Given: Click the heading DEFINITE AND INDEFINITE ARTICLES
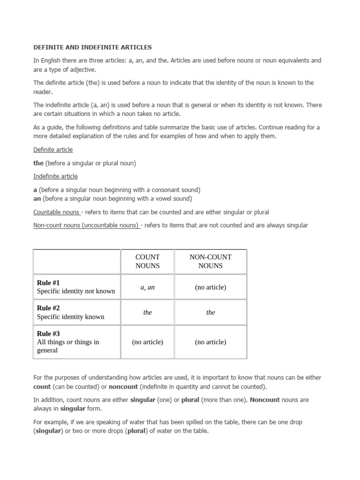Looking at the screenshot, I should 92,47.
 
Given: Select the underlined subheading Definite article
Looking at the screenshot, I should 53,150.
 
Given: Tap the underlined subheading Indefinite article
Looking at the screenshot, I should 55,176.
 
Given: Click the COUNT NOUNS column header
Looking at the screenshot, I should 147,261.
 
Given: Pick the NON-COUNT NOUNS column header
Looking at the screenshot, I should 210,261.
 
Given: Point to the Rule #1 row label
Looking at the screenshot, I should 48,283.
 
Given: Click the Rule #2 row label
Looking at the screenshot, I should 48,308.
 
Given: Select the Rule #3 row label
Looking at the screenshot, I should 48,334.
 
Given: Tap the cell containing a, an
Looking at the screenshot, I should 147,287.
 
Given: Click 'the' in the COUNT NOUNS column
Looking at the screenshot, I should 147,313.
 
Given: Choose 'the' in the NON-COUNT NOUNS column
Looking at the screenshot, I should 210,313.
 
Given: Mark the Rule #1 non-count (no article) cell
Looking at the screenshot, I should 210,287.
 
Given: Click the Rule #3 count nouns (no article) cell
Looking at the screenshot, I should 147,342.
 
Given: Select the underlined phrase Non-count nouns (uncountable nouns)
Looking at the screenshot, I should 86,225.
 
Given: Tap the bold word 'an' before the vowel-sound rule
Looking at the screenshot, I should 37,199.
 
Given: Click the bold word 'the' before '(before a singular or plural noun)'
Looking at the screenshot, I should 38,163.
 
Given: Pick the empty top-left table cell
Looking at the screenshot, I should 76,261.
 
